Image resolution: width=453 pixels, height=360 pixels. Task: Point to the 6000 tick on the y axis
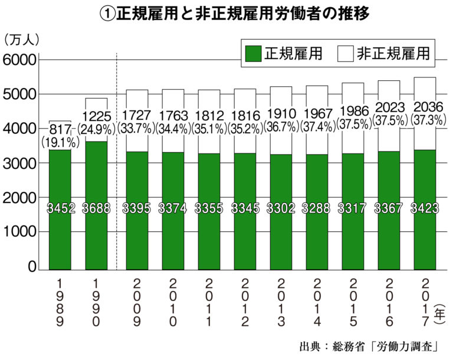20,60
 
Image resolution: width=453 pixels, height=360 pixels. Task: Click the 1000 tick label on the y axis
20,233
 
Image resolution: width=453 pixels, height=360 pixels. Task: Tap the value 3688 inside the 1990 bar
96,208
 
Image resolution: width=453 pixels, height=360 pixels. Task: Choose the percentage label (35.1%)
208,127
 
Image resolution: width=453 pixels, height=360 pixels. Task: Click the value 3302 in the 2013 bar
281,208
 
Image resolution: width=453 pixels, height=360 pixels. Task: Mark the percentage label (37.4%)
318,126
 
